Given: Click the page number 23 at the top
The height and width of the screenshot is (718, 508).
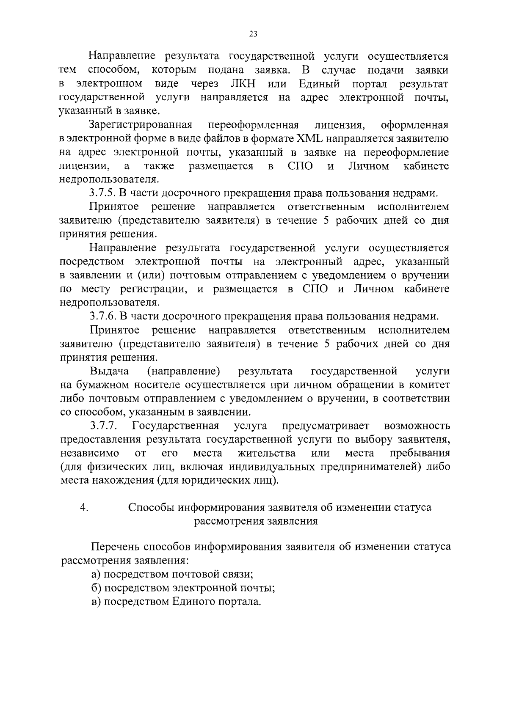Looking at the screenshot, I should [x=253, y=34].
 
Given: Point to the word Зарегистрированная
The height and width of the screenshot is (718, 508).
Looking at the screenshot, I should [x=141, y=125].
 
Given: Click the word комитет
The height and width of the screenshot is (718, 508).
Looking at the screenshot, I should [x=428, y=385].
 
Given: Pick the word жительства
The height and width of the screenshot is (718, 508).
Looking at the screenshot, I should [x=267, y=453].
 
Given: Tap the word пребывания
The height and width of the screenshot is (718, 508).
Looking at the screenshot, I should [x=420, y=453].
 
